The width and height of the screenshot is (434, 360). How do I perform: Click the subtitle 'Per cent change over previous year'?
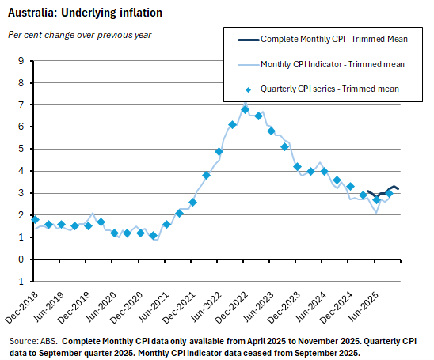(79, 35)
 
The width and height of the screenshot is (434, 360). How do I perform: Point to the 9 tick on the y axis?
(21, 60)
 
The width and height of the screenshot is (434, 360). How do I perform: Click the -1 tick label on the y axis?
(19, 281)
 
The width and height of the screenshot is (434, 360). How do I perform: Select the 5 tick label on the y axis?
(21, 149)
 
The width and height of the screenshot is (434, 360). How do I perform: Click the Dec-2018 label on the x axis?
(25, 305)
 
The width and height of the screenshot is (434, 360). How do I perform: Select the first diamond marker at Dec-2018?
(35, 219)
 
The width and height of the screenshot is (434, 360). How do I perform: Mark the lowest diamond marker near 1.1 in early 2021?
(154, 235)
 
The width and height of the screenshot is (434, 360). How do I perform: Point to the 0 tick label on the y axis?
(21, 259)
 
